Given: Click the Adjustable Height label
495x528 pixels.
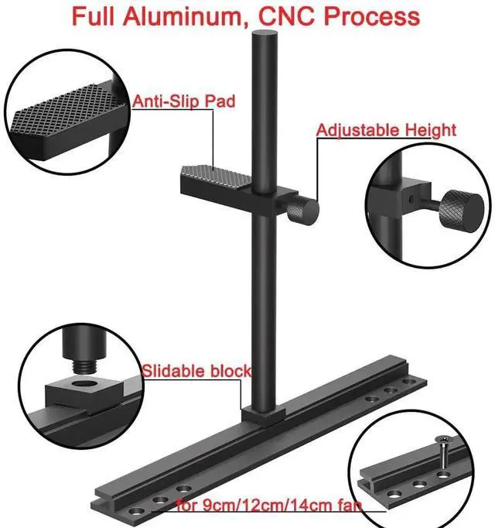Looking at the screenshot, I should [x=386, y=130].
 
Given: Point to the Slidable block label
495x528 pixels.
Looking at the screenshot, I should [x=196, y=372].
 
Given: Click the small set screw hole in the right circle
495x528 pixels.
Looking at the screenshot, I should [x=416, y=201].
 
